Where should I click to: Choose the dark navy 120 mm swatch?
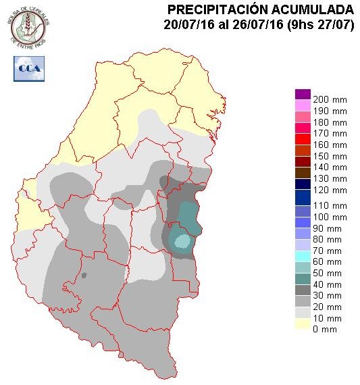[302, 184]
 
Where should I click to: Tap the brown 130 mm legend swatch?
[302, 172]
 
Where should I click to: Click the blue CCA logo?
[28, 68]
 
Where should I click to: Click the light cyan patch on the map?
[182, 240]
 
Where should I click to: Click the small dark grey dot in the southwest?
[84, 275]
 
